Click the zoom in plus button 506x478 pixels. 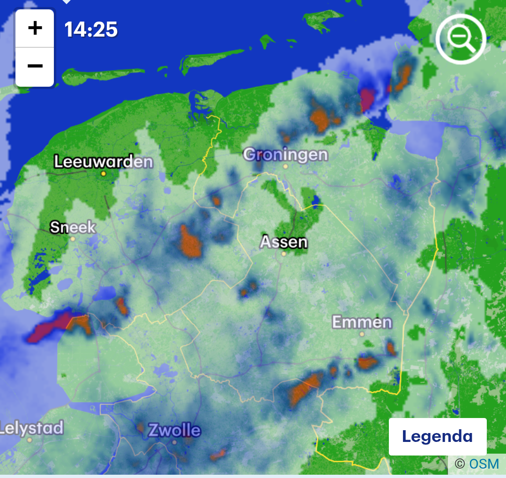pos(35,29)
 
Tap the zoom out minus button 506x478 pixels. pos(35,66)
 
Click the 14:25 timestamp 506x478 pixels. pos(91,30)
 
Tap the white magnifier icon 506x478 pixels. pos(461,39)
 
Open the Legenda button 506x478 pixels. pos(437,436)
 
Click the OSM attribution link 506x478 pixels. pos(484,464)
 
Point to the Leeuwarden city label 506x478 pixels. pos(104,162)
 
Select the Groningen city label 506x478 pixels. pos(286,154)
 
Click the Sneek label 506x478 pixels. pos(73,228)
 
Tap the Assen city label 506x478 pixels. pos(284,242)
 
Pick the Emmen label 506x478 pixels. pos(362,322)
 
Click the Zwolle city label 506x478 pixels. pos(174,430)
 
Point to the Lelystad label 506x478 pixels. pos(31,428)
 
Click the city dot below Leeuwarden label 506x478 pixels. pos(104,173)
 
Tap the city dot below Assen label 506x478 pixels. pos(283,254)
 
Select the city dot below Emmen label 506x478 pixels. pos(362,334)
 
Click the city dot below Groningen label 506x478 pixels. pos(285,166)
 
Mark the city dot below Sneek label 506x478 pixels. pos(73,239)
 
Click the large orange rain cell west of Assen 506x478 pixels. pos(190,243)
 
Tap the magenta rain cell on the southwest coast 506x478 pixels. pos(49,327)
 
